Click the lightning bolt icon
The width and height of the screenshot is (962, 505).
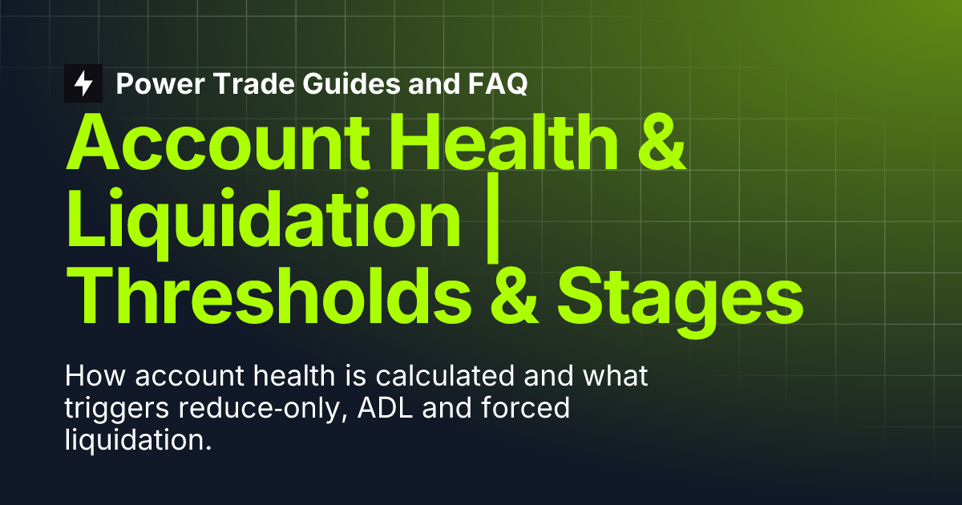point(83,83)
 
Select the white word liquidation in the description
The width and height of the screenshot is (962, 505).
point(136,440)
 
